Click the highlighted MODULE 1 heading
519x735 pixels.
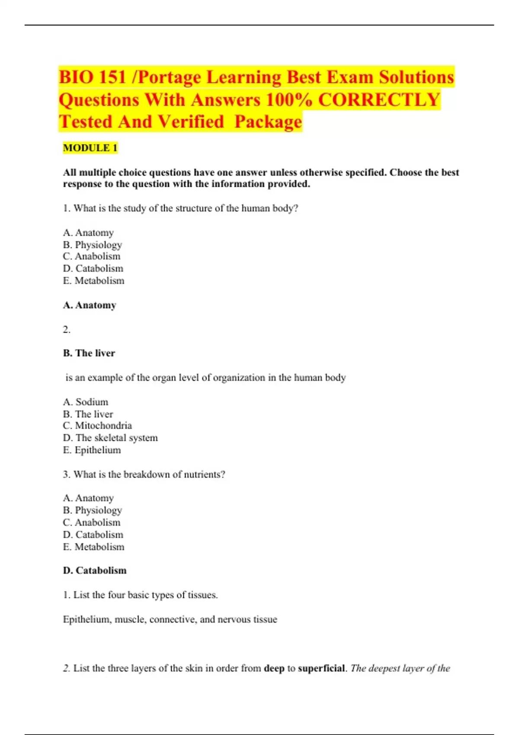pos(90,148)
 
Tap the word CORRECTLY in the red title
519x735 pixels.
pos(379,100)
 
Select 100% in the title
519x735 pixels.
pos(288,100)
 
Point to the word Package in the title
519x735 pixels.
pos(268,122)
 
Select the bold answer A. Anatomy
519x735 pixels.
pos(90,305)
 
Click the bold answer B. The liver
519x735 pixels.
pos(89,353)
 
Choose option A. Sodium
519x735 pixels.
pos(86,402)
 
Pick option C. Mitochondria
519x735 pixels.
pos(97,425)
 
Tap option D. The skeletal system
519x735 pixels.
pos(110,438)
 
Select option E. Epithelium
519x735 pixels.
pos(92,450)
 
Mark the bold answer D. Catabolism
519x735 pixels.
pos(95,571)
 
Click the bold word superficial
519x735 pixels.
pos(321,668)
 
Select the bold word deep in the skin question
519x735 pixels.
pos(274,668)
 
